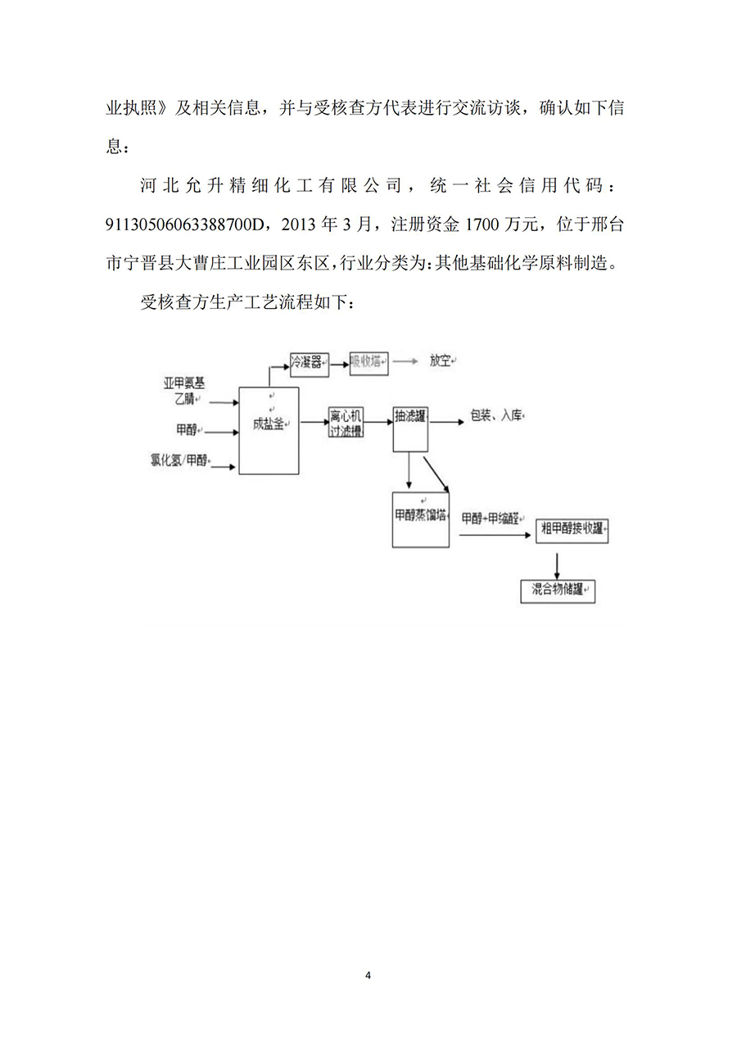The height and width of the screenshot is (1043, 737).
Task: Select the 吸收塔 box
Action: [369, 362]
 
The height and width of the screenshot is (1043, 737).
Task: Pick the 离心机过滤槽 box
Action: [346, 422]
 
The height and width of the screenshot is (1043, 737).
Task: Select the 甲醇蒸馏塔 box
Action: [421, 519]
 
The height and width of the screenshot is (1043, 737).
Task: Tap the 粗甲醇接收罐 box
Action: [572, 530]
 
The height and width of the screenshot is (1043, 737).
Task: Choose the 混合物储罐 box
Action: [558, 591]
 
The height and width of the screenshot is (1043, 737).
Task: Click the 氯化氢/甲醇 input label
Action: [179, 460]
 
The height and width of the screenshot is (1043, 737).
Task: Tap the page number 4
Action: [368, 975]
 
